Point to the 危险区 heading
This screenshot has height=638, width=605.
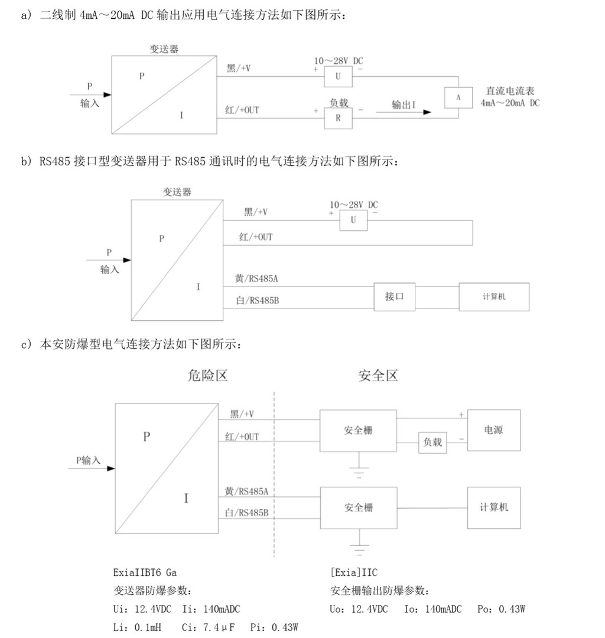pos(207,375)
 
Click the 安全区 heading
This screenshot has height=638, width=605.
pos(378,375)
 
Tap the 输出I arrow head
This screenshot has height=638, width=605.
pos(427,112)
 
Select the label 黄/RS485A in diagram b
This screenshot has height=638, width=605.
pos(256,279)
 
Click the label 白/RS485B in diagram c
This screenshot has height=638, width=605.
pos(246,513)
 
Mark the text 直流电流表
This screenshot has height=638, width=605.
pos(510,91)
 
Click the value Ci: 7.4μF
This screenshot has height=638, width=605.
pos(209,627)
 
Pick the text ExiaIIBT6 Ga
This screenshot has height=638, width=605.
pos(145,572)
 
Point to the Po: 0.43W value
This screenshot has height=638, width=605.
pos(501,609)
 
